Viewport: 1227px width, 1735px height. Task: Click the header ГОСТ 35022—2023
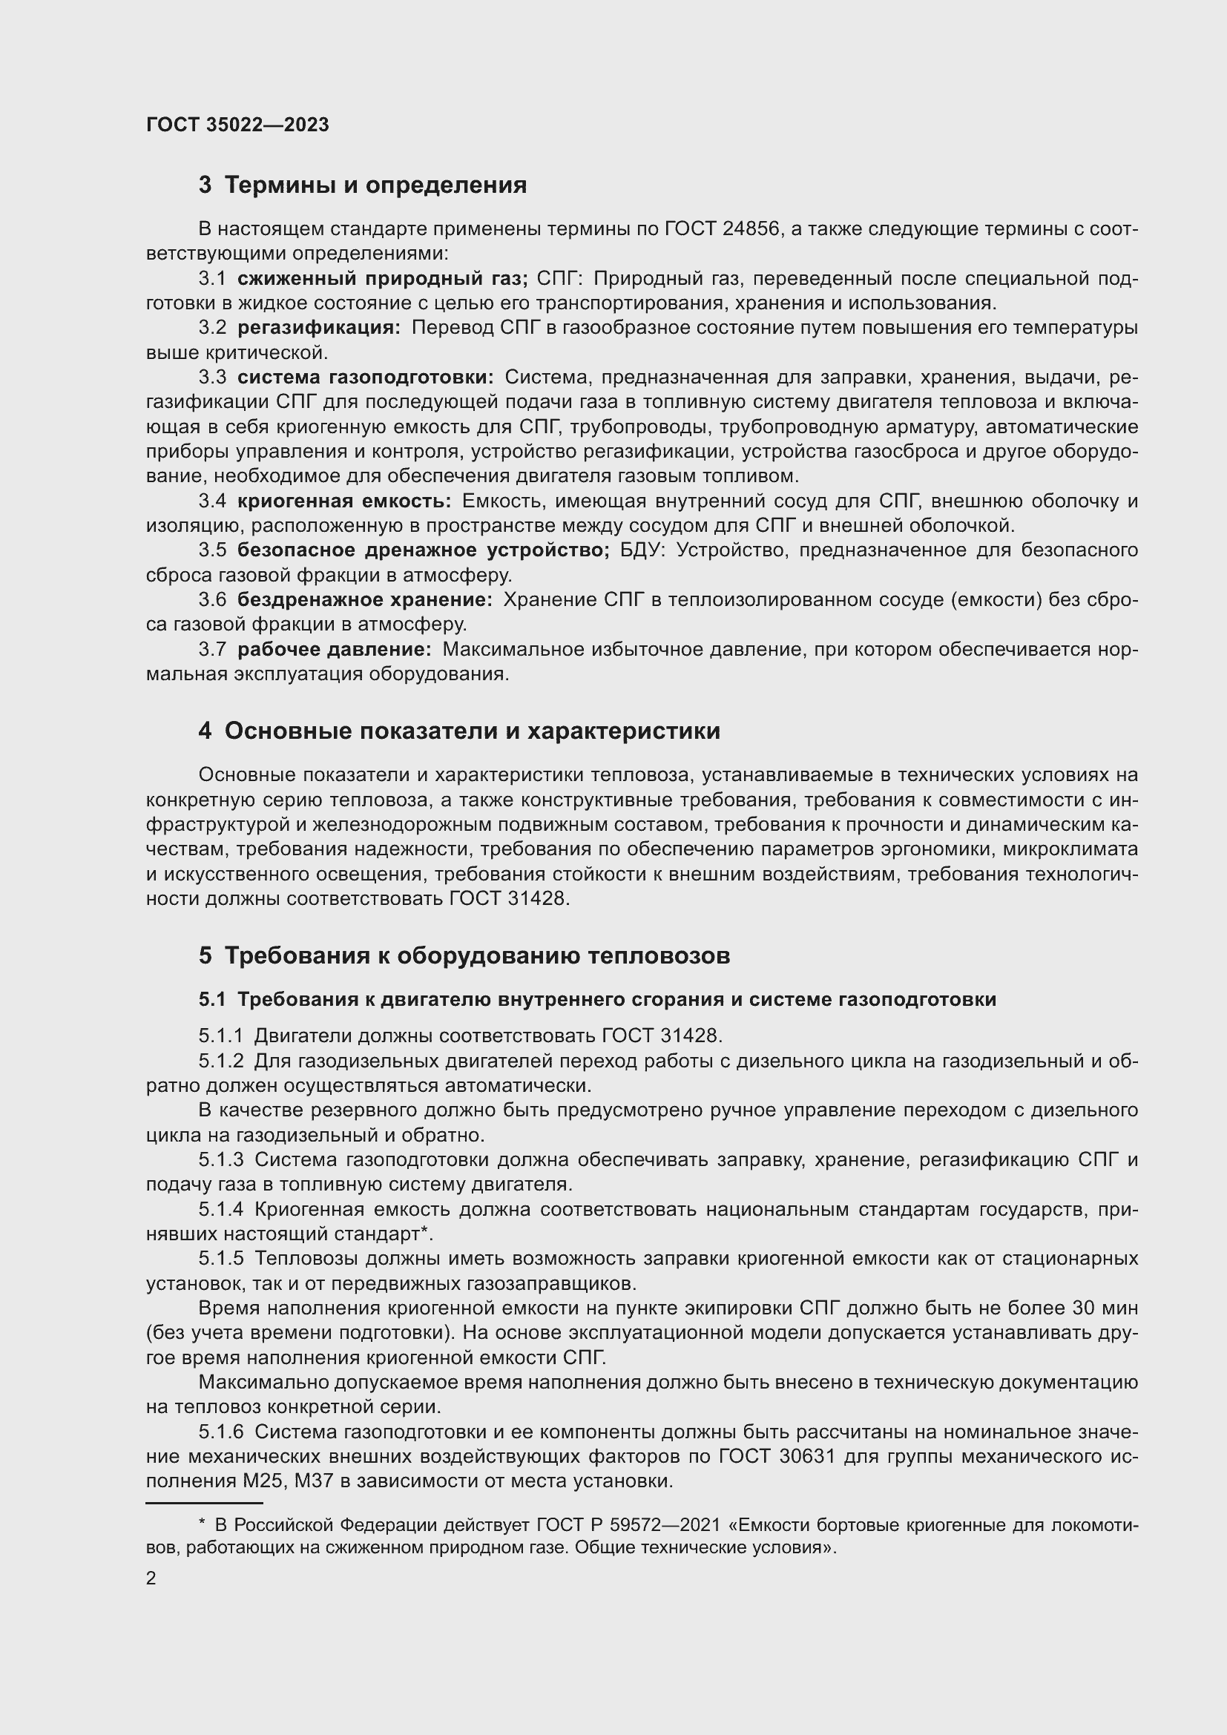pos(237,125)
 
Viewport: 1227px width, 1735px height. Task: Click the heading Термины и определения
pos(375,185)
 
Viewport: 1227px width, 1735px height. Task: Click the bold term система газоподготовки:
pos(365,377)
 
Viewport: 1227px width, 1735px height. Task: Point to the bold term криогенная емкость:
pos(343,501)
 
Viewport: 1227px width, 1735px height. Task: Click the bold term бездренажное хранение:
pos(364,600)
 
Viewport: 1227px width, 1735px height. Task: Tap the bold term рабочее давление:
pos(334,649)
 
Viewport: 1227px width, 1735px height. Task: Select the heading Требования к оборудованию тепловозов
pos(477,956)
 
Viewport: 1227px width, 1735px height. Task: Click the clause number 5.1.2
pos(220,1061)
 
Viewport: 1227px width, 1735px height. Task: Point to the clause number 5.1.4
pos(220,1209)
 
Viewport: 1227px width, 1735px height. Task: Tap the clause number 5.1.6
pos(220,1432)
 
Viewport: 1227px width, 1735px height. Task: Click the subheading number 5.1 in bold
pos(212,1000)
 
